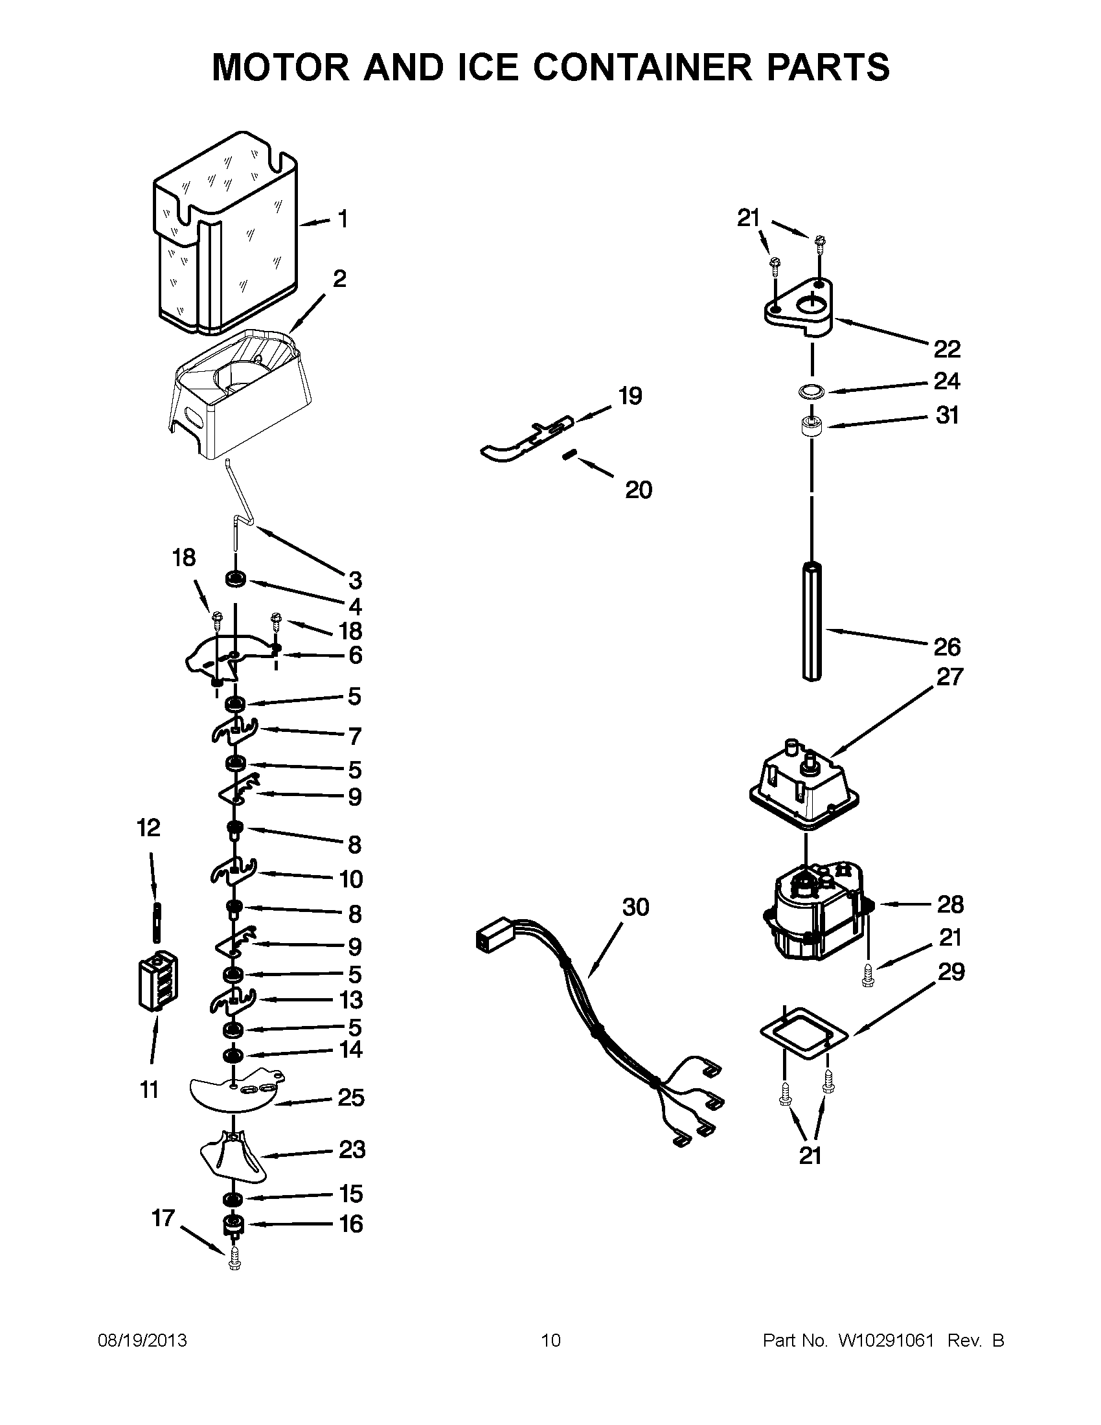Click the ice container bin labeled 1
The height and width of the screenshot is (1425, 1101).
click(225, 235)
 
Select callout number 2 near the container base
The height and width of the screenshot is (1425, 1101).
click(340, 279)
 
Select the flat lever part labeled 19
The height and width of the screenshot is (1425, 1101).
click(525, 442)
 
